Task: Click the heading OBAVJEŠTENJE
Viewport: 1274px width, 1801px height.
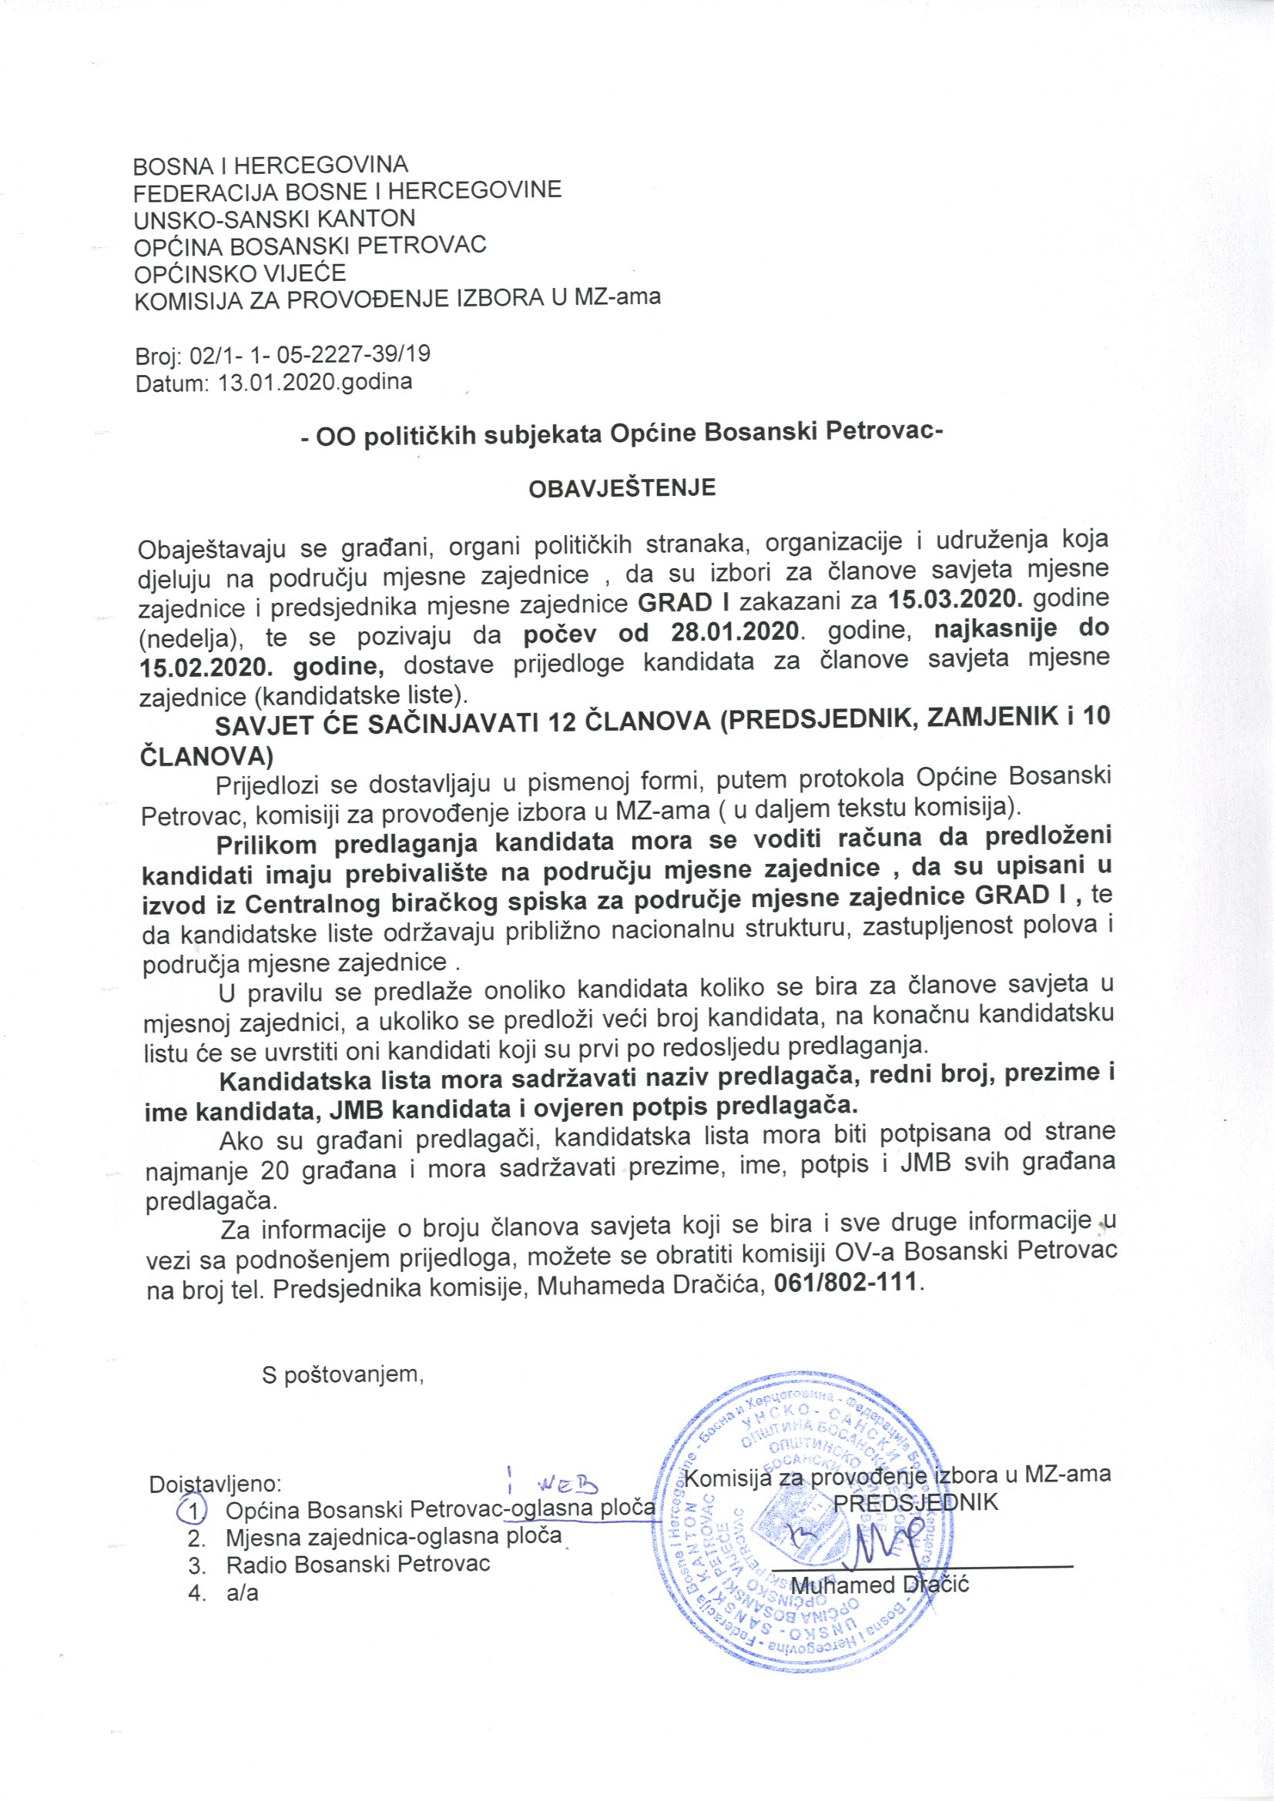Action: tap(622, 488)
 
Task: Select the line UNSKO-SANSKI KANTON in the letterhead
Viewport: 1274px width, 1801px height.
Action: tap(274, 218)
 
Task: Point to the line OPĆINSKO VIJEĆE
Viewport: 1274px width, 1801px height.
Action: tap(240, 273)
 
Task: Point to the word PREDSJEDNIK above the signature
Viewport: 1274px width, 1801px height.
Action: tap(915, 1503)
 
